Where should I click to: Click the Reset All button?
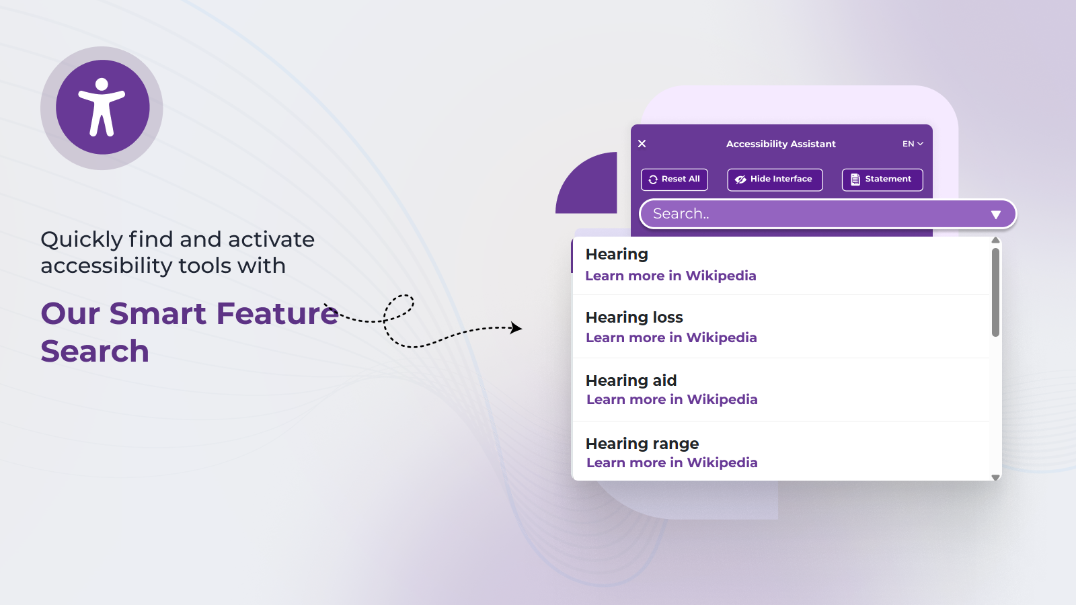tap(674, 179)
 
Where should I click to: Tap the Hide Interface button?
tap(775, 179)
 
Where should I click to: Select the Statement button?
tap(882, 179)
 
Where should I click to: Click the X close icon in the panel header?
tap(642, 144)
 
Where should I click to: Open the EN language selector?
tap(913, 144)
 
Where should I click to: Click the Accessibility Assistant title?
tap(781, 144)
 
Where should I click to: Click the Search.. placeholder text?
tap(681, 214)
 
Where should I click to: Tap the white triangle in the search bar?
tap(996, 214)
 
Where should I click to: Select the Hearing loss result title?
tap(634, 317)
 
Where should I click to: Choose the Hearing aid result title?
tap(631, 380)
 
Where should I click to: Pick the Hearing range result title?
tap(642, 444)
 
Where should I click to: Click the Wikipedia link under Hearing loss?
tap(671, 337)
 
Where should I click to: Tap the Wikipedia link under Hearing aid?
tap(672, 399)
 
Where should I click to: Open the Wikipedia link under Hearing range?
tap(672, 462)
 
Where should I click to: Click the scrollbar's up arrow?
tap(996, 240)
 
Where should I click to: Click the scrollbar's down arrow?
tap(996, 477)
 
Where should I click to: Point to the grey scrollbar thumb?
tap(996, 292)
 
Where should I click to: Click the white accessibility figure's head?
tap(102, 85)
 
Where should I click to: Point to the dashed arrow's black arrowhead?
tap(516, 328)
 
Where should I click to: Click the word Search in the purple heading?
tap(95, 351)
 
